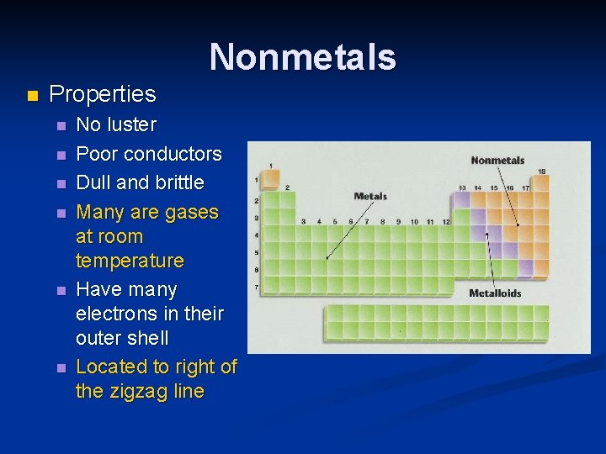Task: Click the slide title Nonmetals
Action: pos(302,57)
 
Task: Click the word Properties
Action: pos(103,93)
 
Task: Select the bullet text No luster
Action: pos(116,124)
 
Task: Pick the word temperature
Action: pos(130,261)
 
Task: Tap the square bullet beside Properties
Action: pos(33,95)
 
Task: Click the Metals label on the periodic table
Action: pos(370,196)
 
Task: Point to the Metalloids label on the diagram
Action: pos(495,293)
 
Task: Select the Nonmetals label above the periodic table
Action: pos(497,161)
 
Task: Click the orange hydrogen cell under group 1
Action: pos(270,178)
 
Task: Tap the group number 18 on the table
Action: pos(541,172)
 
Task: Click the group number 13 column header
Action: pos(462,187)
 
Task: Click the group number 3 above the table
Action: pos(304,221)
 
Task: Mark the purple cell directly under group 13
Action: pos(462,200)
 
